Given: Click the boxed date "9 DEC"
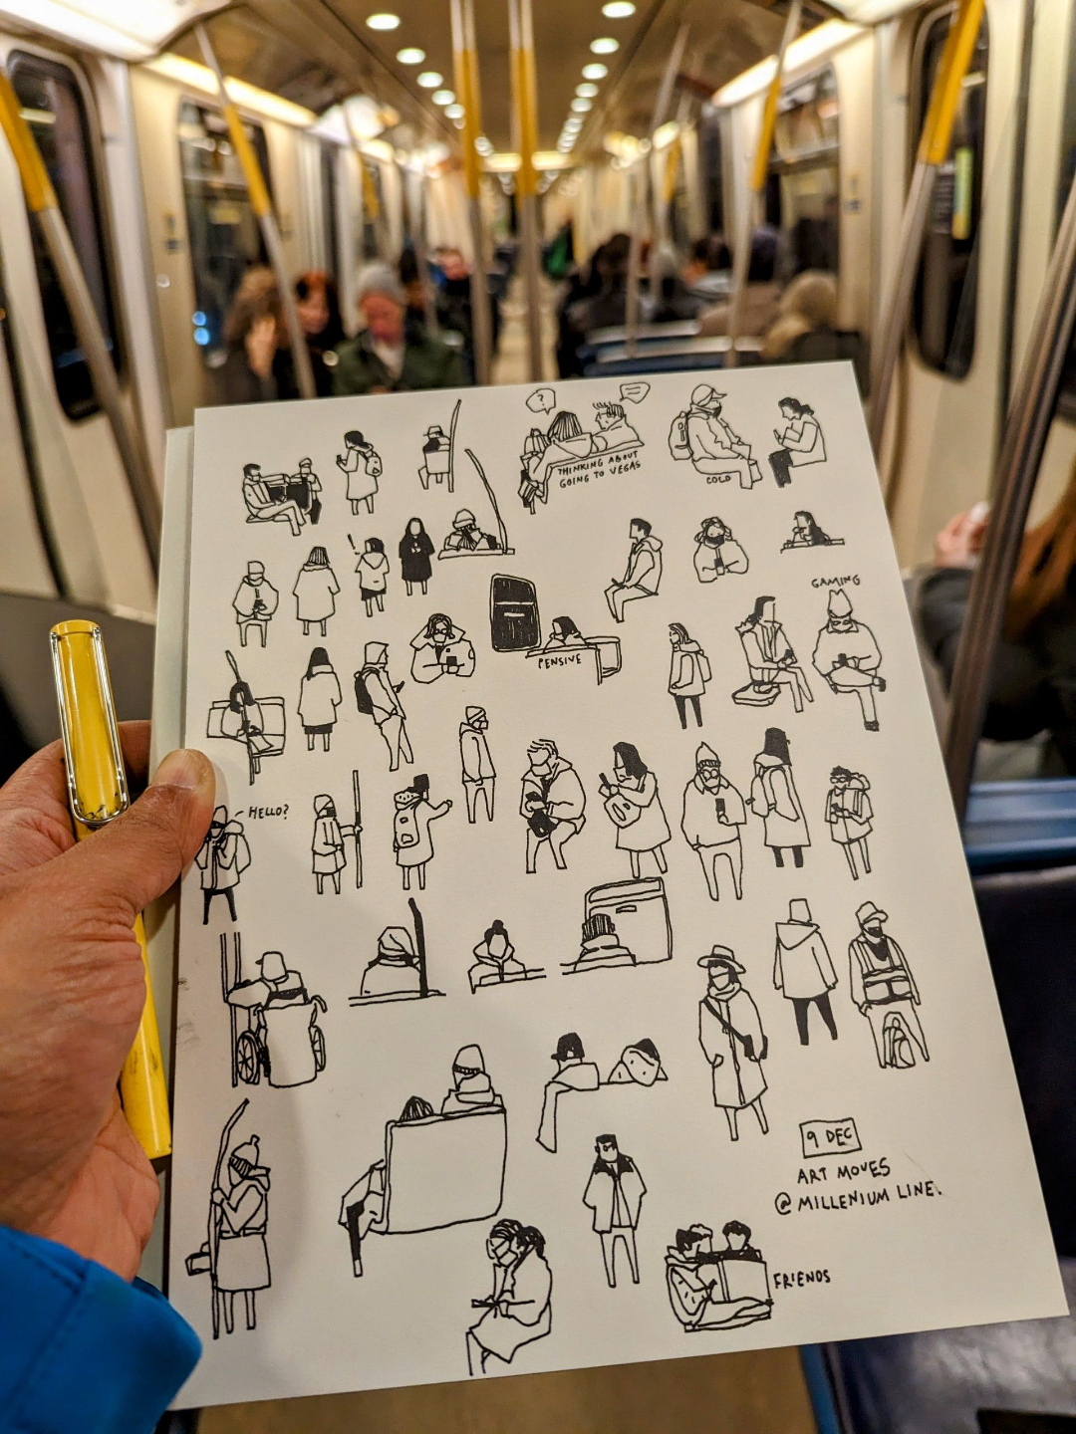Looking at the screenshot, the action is (x=828, y=1138).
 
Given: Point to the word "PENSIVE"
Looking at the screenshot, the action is (x=559, y=662).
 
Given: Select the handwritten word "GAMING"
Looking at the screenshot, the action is (x=835, y=581).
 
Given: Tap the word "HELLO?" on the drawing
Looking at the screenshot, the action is (x=268, y=813).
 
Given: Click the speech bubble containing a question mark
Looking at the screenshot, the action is (x=541, y=400).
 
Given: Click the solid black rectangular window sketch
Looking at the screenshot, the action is (x=515, y=612).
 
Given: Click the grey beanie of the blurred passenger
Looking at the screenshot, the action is (x=381, y=284).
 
